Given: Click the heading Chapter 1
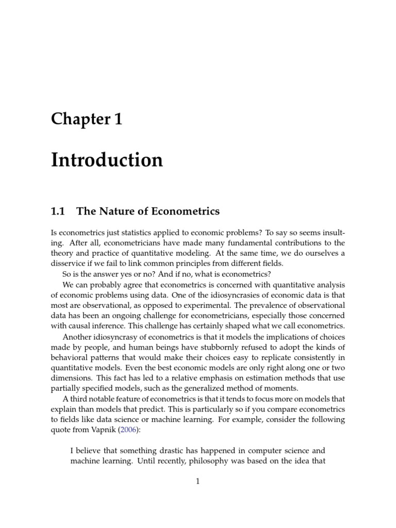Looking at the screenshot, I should tap(87, 119).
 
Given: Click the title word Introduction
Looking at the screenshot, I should tap(107, 160).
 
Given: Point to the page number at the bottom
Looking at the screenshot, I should tap(197, 482).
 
